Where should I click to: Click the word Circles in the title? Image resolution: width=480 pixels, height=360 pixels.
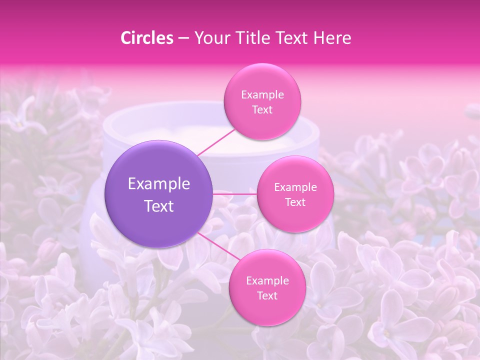[x=146, y=38]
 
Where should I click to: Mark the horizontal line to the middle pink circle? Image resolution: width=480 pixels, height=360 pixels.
[x=235, y=194]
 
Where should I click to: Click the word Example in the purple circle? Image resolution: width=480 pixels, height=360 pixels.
[x=159, y=184]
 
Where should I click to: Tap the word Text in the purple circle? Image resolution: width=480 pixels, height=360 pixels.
[x=159, y=206]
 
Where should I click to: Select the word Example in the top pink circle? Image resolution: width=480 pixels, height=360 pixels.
[x=262, y=95]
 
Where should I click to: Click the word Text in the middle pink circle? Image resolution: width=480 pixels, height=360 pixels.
[x=295, y=202]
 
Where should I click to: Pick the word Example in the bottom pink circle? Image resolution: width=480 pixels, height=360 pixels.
[x=267, y=281]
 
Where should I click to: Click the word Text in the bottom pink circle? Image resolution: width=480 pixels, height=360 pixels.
[x=267, y=296]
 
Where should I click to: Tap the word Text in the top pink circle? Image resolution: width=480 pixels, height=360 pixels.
[x=262, y=110]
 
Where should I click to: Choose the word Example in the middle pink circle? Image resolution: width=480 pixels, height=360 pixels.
[x=295, y=187]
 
